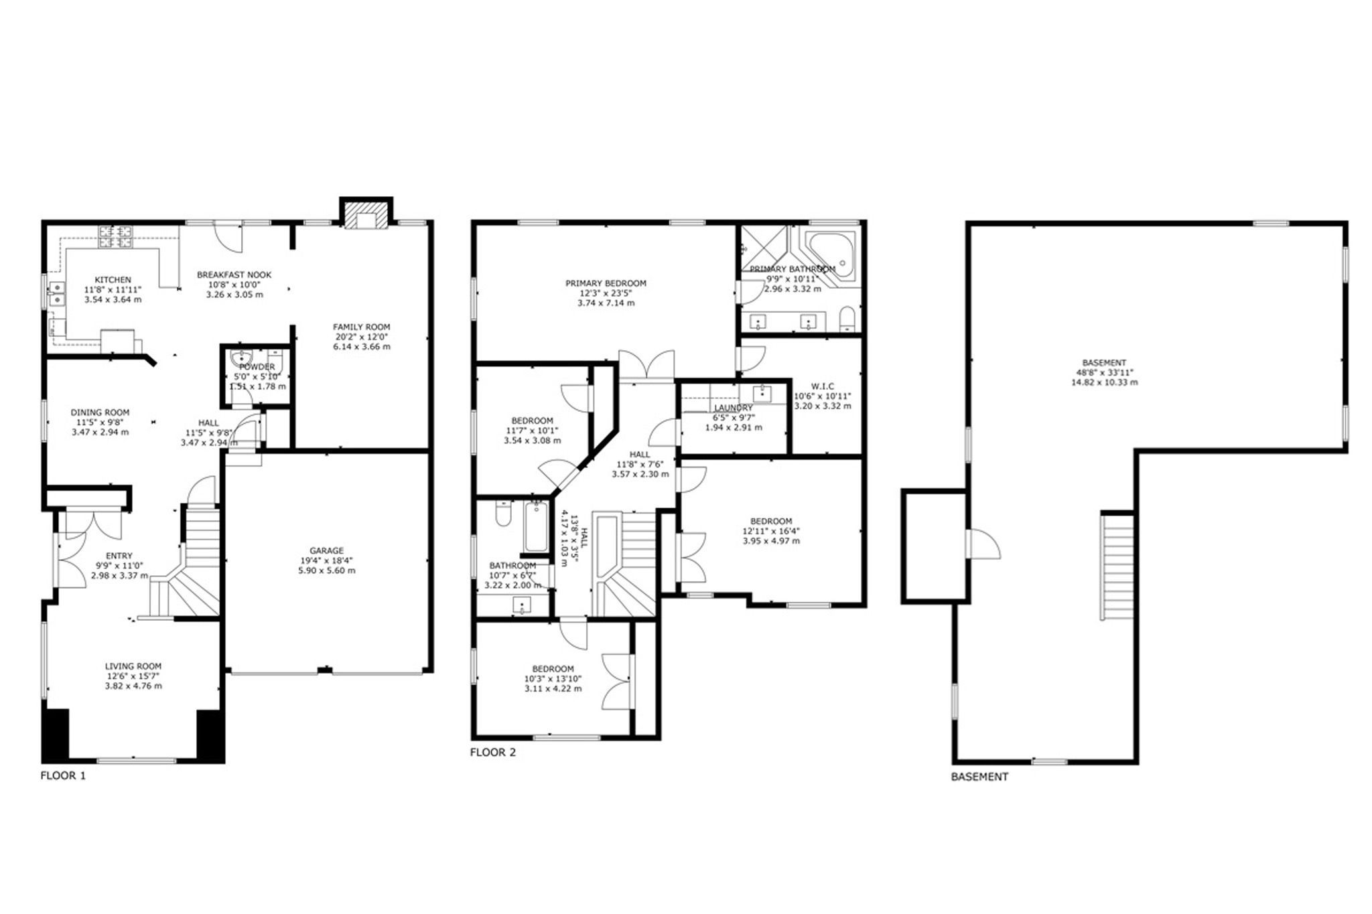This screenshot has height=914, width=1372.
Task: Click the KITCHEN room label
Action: tap(113, 280)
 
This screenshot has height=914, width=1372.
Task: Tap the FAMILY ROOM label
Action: tap(361, 327)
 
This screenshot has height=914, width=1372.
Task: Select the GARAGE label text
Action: tap(327, 550)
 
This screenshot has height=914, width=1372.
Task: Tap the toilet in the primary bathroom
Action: tap(847, 319)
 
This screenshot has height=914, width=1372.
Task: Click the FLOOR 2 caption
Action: tap(493, 752)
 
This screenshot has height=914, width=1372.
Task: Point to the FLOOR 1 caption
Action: tap(63, 776)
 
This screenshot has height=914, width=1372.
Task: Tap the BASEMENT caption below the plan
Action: tap(979, 777)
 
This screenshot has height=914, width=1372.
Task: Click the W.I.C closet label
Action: tap(822, 386)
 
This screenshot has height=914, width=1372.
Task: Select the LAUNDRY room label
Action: tap(734, 408)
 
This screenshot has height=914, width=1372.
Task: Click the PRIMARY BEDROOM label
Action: tap(606, 283)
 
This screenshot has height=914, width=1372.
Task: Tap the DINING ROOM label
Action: tap(100, 412)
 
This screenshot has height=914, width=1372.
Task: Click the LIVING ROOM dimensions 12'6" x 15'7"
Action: tap(133, 676)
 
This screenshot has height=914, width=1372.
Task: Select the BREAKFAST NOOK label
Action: tap(234, 275)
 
